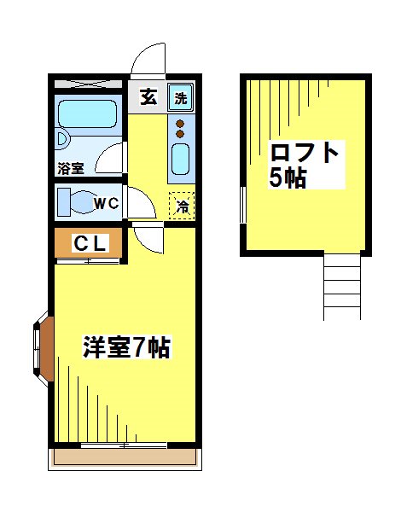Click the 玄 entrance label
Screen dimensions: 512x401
148,96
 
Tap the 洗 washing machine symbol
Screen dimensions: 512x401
180,97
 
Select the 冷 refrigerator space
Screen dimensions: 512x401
181,206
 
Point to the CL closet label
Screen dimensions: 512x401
89,243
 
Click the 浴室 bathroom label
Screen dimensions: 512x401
71,167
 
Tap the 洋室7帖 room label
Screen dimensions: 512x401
126,348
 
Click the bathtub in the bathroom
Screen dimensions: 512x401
88,114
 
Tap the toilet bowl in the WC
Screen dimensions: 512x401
76,204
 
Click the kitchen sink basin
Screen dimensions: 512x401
180,159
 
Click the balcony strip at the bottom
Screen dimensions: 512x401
126,458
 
